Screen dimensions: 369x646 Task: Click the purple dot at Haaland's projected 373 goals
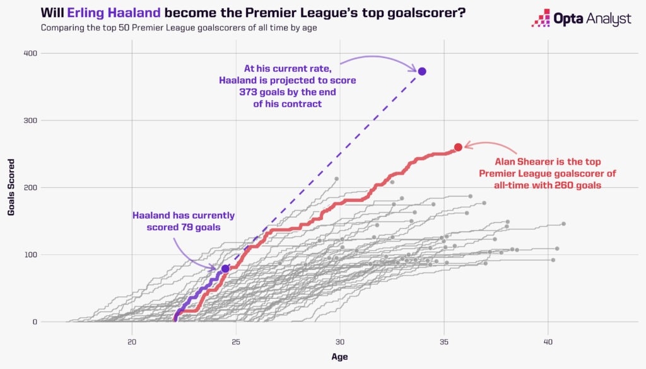click(422, 71)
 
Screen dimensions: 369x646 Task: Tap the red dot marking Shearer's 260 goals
click(458, 147)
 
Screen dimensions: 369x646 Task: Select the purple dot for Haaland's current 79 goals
click(225, 269)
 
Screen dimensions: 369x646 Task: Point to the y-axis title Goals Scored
click(11, 187)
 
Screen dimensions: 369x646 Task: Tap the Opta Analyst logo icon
click(541, 18)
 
